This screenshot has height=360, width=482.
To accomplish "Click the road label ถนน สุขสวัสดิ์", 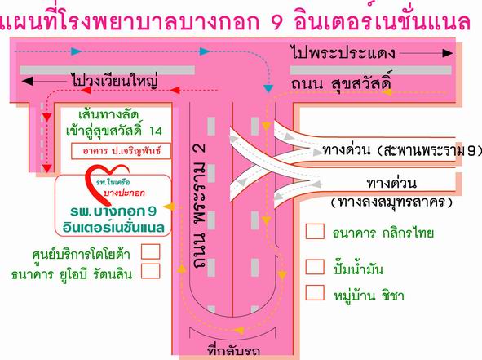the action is [x=342, y=82].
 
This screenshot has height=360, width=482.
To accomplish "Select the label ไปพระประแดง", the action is [x=343, y=52].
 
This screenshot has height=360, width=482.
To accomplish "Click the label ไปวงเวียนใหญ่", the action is [x=114, y=80].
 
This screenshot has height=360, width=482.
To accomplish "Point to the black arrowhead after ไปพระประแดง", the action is [x=448, y=53].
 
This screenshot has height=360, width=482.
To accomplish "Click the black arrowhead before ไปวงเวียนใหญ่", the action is [x=27, y=82].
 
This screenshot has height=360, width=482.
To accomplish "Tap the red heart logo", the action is [x=106, y=184].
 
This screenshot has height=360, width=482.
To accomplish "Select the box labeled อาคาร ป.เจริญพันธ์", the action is [x=121, y=151].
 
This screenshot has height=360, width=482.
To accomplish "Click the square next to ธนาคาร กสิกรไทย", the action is [x=315, y=231].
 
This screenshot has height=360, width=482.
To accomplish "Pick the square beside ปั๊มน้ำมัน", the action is [x=315, y=266].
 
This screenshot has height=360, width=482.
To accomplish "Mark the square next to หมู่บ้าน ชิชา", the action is [x=315, y=292].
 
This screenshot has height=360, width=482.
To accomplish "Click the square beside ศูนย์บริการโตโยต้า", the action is [x=151, y=251].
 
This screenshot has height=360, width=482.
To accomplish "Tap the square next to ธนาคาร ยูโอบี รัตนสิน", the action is [x=151, y=271].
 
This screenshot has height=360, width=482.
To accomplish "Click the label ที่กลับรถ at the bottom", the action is [x=234, y=351].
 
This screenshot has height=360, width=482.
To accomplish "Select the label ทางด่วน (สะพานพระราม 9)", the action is [x=402, y=151].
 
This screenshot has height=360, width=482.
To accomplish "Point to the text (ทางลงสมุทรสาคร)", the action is [x=391, y=202].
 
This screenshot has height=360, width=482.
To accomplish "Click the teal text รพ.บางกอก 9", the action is [x=113, y=211].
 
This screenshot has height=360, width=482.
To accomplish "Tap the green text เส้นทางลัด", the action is [x=108, y=115].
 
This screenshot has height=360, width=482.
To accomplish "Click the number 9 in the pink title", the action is [x=277, y=23].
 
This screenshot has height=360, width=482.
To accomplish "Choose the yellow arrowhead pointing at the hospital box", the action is [x=169, y=207].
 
